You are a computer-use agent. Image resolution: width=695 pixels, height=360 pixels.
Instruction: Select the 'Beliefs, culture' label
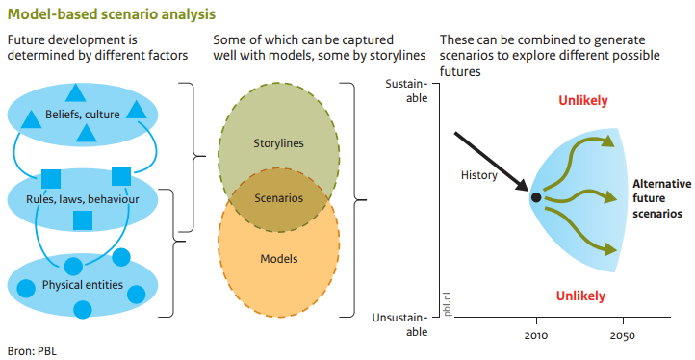82,116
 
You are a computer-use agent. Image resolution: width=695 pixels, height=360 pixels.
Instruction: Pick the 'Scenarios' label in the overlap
278,198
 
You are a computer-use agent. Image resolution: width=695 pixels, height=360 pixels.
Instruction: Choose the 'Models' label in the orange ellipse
278,259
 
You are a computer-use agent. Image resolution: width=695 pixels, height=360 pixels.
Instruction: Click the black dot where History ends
535,197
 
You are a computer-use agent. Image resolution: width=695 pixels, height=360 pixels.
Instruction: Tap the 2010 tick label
536,336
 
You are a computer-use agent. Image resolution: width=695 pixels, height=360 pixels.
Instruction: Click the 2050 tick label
622,336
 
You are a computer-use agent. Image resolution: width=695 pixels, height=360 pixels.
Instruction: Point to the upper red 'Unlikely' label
583,101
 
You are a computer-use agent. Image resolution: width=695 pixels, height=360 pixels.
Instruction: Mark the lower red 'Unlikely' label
583,295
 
